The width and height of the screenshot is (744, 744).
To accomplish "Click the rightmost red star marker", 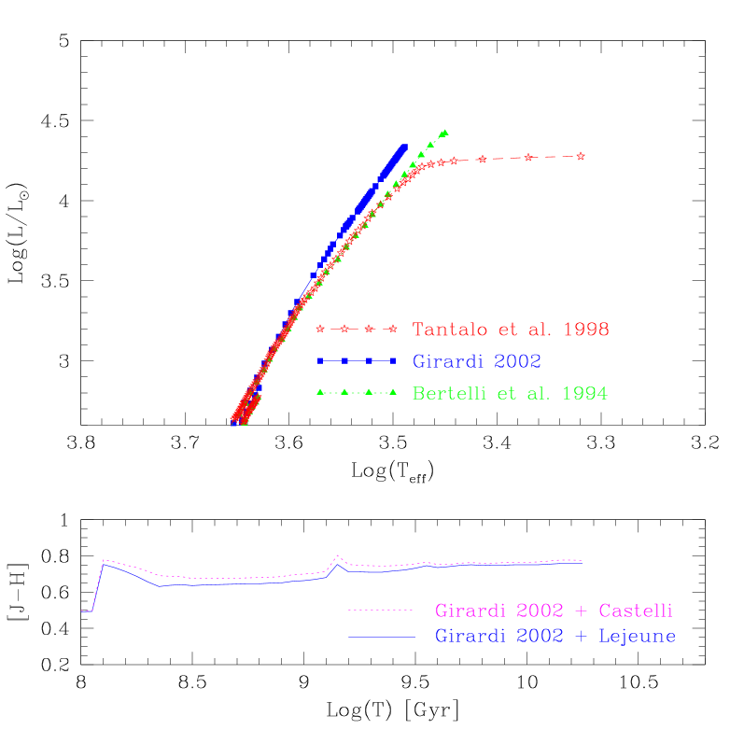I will (x=581, y=156).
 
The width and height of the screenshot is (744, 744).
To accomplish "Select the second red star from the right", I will (x=528, y=158).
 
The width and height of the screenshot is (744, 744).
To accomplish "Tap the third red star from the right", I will (x=482, y=160).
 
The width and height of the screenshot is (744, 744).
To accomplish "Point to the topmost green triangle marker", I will (x=444, y=133).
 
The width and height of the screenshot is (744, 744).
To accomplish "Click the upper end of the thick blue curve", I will (x=404, y=147).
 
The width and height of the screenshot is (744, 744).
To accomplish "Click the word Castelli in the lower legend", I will (x=636, y=611).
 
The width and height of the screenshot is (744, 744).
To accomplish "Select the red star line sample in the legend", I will (x=357, y=330).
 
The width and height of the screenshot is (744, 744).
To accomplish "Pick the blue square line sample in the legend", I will (x=357, y=360).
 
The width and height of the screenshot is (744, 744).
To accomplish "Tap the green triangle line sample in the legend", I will (x=357, y=392).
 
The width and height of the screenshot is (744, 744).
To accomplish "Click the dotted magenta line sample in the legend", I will (x=380, y=611).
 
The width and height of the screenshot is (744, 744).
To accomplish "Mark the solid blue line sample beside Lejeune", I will (x=380, y=637).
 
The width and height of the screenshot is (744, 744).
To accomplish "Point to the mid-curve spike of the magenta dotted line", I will (x=338, y=556).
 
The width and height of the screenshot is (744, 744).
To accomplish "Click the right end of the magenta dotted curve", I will (x=581, y=561).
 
